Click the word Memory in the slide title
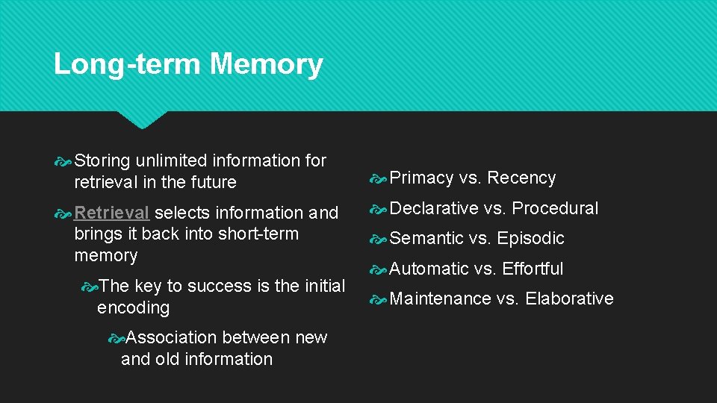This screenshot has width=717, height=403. tap(266, 64)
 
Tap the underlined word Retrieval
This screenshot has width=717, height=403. tap(112, 213)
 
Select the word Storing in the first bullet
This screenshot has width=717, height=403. tap(102, 160)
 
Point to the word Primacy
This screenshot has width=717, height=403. tap(421, 178)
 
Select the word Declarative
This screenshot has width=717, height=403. tap(434, 208)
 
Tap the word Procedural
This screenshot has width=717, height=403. tap(555, 208)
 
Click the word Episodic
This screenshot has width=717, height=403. tap(530, 239)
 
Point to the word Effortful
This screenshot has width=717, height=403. tap(533, 269)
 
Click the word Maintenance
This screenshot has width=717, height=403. tap(440, 299)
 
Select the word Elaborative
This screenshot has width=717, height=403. tap(569, 299)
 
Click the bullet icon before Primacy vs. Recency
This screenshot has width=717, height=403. tap(379, 178)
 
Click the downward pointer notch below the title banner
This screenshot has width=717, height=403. tap(142, 119)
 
